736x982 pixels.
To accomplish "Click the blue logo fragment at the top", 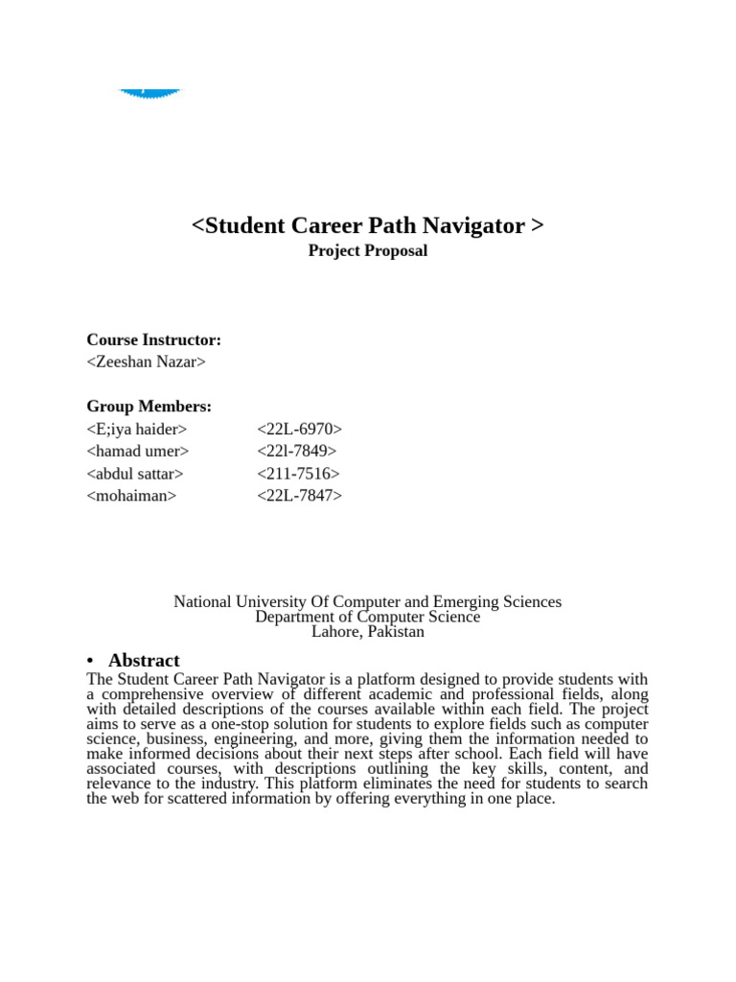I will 149,94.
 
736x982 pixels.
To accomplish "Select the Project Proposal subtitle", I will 367,251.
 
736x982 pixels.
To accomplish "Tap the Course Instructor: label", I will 153,340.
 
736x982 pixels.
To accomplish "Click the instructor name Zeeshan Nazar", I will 146,362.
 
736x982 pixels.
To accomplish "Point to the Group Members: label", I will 149,407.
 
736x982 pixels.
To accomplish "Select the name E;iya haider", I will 137,430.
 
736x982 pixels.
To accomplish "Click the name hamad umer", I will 138,452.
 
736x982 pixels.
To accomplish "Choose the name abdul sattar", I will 135,474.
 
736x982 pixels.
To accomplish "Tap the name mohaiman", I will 131,496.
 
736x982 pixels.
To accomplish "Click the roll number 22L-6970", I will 299,430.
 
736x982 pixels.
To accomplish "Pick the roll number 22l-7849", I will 297,452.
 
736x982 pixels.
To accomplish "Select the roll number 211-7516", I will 298,474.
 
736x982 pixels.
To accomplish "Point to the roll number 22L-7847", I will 299,496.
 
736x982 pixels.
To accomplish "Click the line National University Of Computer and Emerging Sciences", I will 367,602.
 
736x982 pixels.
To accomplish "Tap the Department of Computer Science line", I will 367,618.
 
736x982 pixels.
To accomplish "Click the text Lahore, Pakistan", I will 367,632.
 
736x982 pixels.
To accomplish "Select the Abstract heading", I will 144,661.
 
